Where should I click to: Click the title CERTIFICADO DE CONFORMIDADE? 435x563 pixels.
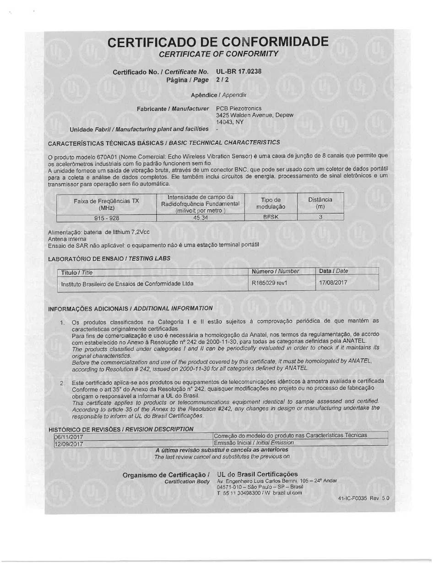[x=218, y=42]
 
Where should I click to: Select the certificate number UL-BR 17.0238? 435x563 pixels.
[x=239, y=71]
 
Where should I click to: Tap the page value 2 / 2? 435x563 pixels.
[x=222, y=79]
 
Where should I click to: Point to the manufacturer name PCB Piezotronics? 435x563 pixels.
[x=239, y=109]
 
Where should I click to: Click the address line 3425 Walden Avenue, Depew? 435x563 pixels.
[x=255, y=115]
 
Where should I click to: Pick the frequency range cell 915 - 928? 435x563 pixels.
[x=106, y=218]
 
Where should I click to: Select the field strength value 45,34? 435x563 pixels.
[x=201, y=218]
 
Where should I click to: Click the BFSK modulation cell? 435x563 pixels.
[x=271, y=217]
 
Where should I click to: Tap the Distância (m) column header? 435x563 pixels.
[x=320, y=203]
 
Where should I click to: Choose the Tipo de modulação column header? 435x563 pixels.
[x=271, y=203]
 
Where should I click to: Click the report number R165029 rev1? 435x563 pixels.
[x=270, y=283]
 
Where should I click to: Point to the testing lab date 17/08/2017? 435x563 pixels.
[x=333, y=283]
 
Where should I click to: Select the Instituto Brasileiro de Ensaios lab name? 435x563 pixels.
[x=127, y=284]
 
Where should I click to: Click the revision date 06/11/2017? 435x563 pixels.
[x=69, y=436]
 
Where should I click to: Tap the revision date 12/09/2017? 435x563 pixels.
[x=69, y=443]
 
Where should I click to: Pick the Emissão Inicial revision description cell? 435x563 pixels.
[x=254, y=443]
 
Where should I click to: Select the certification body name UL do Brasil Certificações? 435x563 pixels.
[x=257, y=474]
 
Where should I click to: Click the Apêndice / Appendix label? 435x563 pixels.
[x=218, y=95]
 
